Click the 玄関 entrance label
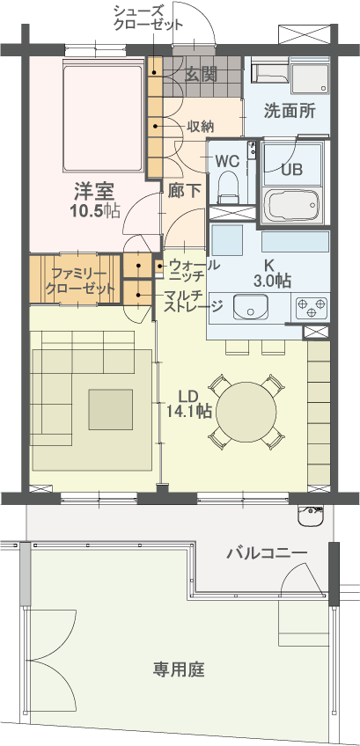click(202, 75)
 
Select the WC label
click(227, 161)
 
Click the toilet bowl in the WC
click(229, 186)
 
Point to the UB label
click(291, 170)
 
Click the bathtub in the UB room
click(291, 207)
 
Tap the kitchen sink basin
click(252, 307)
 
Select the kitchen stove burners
click(311, 308)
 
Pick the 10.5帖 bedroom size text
click(95, 209)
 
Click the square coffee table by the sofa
click(110, 409)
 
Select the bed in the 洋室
click(103, 117)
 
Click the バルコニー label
click(267, 553)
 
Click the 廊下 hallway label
click(184, 190)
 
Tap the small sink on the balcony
click(312, 516)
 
